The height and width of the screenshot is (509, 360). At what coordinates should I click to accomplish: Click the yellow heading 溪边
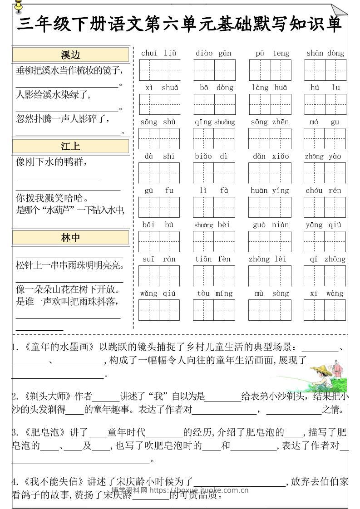[70, 55]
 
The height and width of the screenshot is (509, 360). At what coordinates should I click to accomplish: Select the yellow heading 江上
[70, 146]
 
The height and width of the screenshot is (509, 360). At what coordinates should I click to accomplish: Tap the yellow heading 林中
[70, 238]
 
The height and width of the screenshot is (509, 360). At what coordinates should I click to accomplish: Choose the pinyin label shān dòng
[325, 54]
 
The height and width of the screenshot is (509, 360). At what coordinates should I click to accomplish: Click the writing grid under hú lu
[325, 104]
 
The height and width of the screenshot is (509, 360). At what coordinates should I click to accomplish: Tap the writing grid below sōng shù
[159, 138]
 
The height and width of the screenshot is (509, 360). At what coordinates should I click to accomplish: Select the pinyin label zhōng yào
[323, 157]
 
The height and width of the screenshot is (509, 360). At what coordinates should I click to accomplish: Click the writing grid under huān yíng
[270, 207]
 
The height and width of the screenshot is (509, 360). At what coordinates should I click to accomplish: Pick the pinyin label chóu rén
[324, 191]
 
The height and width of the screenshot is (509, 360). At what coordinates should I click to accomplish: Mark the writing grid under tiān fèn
[213, 276]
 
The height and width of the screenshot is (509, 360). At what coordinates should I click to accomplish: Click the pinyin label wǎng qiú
[158, 294]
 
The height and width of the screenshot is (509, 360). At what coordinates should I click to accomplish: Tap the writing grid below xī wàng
[325, 310]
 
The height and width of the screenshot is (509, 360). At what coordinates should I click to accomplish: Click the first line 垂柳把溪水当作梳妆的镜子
[69, 71]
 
